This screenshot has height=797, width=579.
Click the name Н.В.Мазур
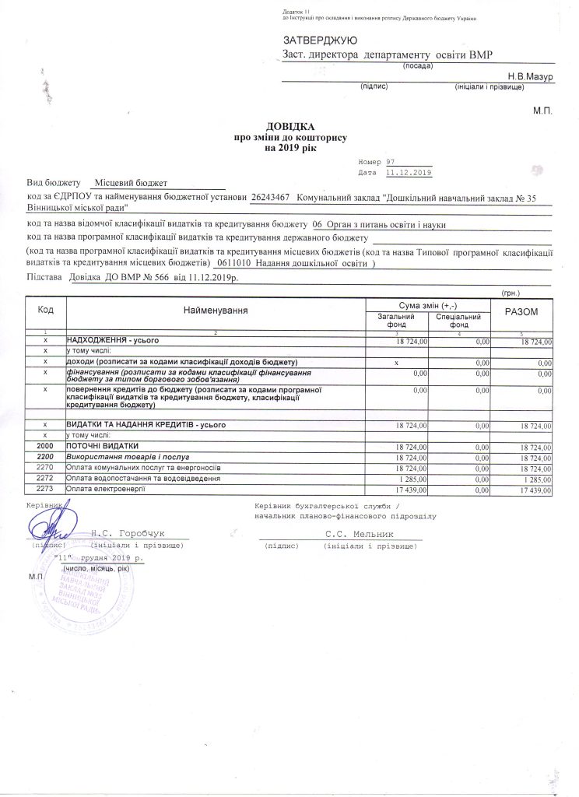pos(529,77)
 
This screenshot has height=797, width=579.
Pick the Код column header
pos(46,310)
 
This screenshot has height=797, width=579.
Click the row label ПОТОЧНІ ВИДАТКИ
pos(99,447)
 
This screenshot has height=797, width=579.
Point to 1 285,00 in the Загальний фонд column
pos(409,479)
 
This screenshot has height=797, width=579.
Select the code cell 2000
pos(46,447)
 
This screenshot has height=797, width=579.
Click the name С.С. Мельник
pos(361,534)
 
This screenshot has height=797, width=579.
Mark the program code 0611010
pos(240,264)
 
